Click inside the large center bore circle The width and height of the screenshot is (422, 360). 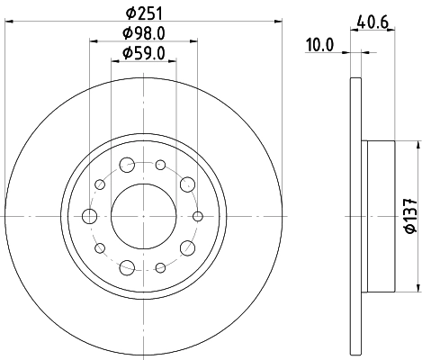click(x=139, y=215)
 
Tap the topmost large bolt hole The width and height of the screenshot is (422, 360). click(x=127, y=165)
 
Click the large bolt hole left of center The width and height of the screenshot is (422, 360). click(x=89, y=215)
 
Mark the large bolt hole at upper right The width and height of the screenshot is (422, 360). click(x=187, y=184)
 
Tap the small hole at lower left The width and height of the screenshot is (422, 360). click(x=101, y=247)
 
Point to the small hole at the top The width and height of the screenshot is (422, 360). click(x=160, y=165)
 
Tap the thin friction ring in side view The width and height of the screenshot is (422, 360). click(x=353, y=217)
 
